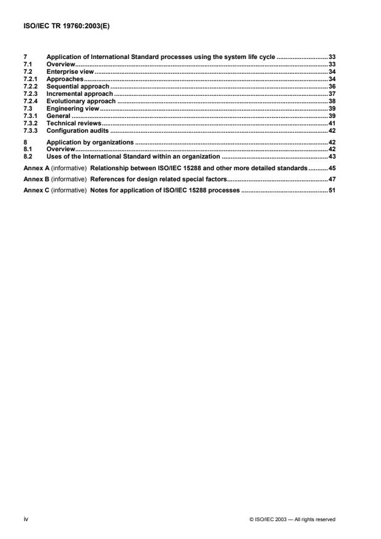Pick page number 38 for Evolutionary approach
331,101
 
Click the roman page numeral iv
25,519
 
